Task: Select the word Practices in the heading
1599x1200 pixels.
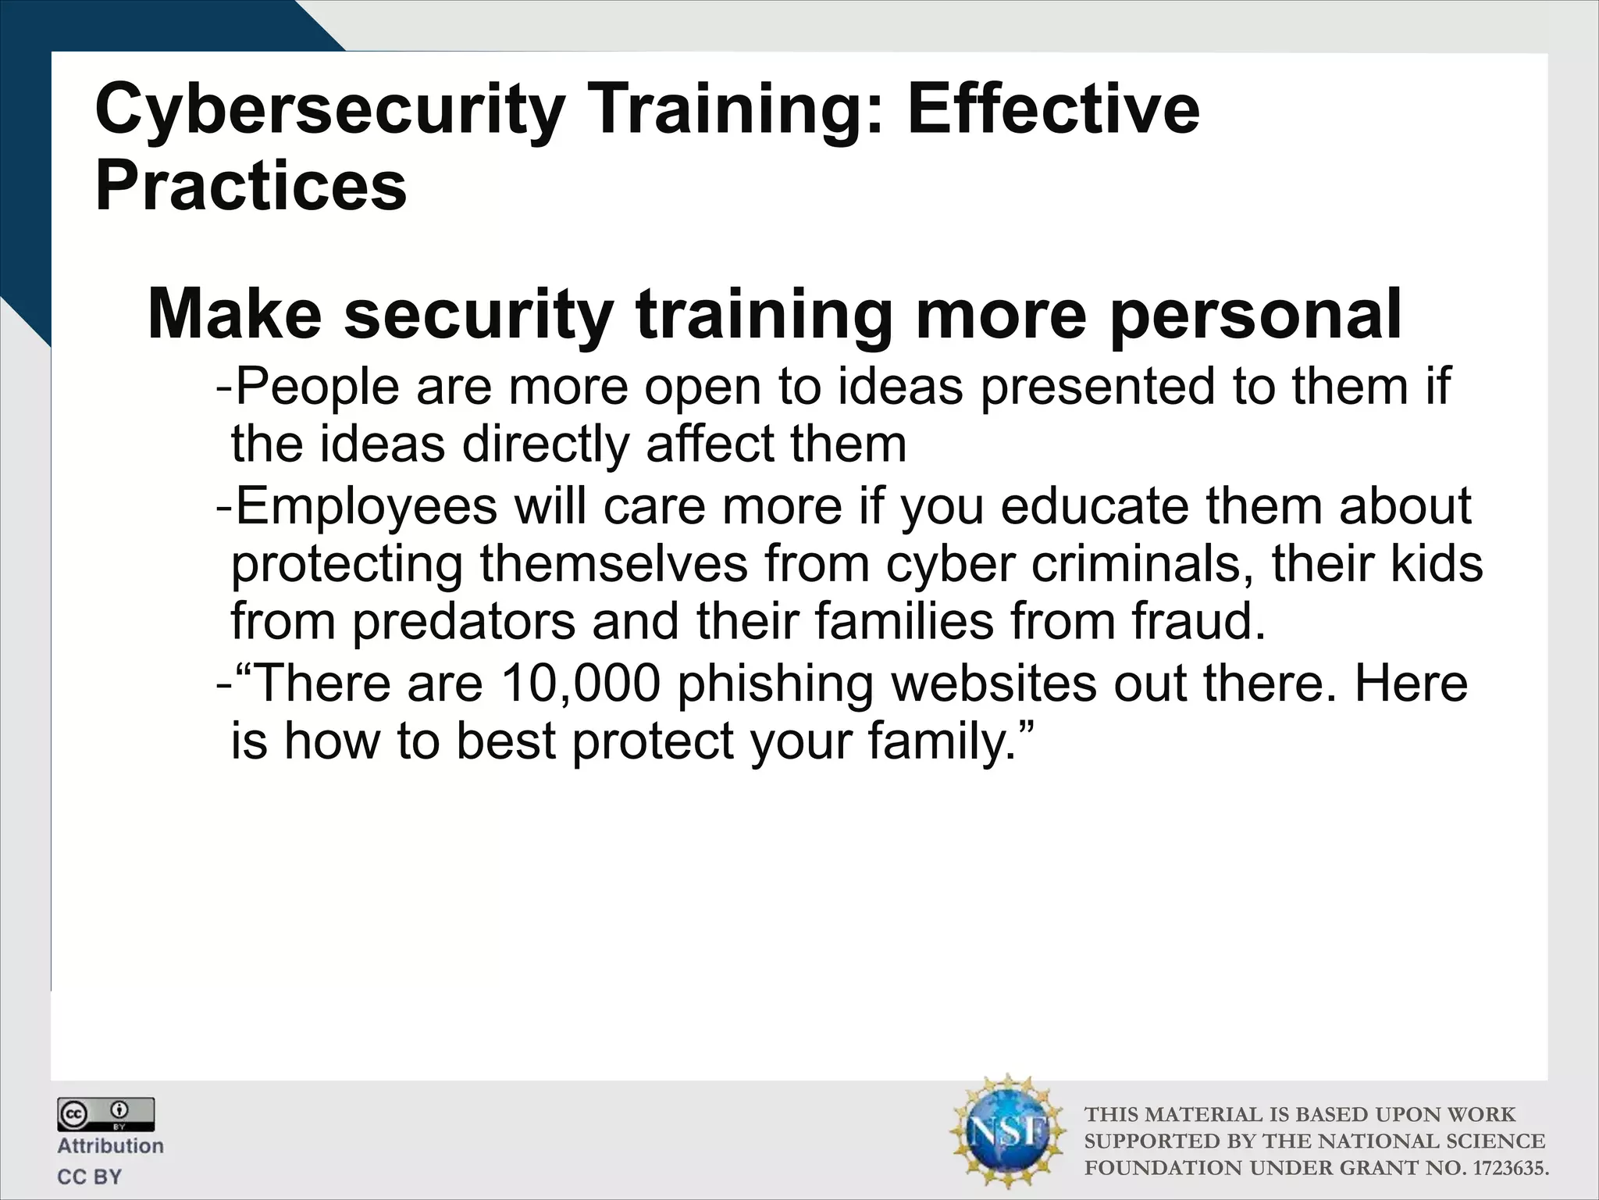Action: pyautogui.click(x=251, y=187)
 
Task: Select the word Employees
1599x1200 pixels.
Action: pyautogui.click(x=365, y=506)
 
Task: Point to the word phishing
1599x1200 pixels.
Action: pyautogui.click(x=775, y=684)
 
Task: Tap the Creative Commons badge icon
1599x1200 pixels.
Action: pyautogui.click(x=105, y=1114)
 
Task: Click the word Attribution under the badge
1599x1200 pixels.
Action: pyautogui.click(x=110, y=1146)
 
